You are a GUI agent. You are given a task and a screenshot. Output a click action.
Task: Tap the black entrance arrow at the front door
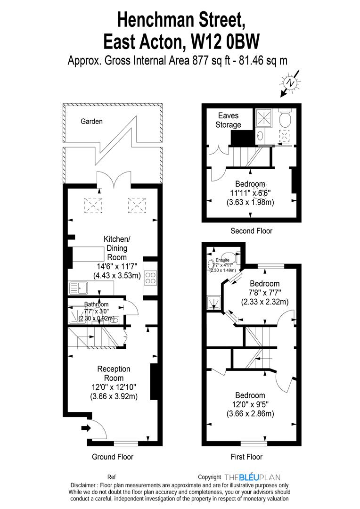click(86, 428)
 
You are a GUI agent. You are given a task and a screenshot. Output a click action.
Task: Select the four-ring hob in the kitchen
click(150, 278)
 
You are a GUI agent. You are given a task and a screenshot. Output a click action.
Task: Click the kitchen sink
click(78, 288)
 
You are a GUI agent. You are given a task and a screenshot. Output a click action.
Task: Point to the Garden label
click(91, 122)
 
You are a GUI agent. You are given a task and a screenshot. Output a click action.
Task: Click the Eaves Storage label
click(228, 120)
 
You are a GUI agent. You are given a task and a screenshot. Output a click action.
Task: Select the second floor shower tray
click(263, 117)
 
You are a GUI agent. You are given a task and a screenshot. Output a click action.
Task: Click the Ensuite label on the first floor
click(223, 260)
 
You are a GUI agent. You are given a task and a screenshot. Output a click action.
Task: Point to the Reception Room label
click(114, 373)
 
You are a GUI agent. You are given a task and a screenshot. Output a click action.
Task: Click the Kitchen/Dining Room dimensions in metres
click(117, 276)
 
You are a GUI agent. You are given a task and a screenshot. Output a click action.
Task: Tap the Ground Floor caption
click(113, 457)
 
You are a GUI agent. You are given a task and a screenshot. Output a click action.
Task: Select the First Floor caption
click(246, 457)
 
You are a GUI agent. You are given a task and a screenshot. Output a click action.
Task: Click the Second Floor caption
click(251, 231)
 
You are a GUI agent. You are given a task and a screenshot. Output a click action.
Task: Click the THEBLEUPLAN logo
click(252, 477)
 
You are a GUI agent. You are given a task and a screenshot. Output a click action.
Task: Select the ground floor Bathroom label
click(97, 304)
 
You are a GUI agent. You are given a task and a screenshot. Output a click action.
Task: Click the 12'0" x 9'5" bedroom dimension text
click(250, 404)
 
